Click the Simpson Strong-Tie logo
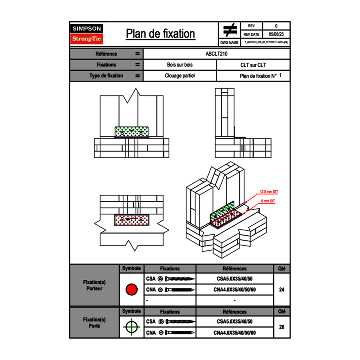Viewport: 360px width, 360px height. pyautogui.click(x=87, y=34)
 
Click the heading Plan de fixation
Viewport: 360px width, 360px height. pyautogui.click(x=160, y=34)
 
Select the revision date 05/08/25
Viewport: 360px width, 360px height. pyautogui.click(x=276, y=34)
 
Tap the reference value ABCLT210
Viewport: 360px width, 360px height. pyautogui.click(x=216, y=54)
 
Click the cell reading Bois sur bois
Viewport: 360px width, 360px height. pyautogui.click(x=180, y=65)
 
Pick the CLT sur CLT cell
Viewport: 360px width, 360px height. pyautogui.click(x=253, y=65)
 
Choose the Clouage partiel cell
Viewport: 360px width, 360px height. pyautogui.click(x=180, y=76)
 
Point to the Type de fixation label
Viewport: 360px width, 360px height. pyautogui.click(x=106, y=76)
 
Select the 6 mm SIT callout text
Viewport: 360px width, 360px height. pyautogui.click(x=268, y=201)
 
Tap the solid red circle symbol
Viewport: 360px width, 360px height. pyautogui.click(x=131, y=290)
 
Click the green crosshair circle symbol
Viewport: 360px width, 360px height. pyautogui.click(x=131, y=327)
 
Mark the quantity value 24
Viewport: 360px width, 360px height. pyautogui.click(x=281, y=290)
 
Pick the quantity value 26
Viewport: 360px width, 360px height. pyautogui.click(x=281, y=327)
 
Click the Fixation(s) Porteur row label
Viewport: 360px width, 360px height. pyautogui.click(x=94, y=285)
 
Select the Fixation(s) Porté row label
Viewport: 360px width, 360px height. pyautogui.click(x=94, y=322)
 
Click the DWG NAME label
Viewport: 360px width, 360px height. pyautogui.click(x=229, y=43)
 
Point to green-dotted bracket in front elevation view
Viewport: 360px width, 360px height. pyautogui.click(x=132, y=132)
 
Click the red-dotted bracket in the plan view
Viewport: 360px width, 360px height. pyautogui.click(x=132, y=220)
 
